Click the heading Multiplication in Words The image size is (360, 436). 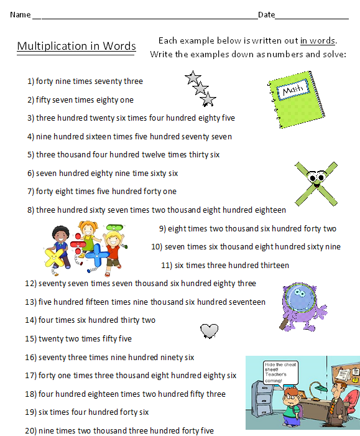click(x=76, y=46)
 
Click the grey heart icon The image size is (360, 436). click(x=209, y=330)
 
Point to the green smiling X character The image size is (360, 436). click(x=315, y=180)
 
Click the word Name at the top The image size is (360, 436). click(x=20, y=14)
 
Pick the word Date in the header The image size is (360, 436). click(x=266, y=14)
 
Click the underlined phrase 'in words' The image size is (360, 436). click(x=317, y=41)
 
